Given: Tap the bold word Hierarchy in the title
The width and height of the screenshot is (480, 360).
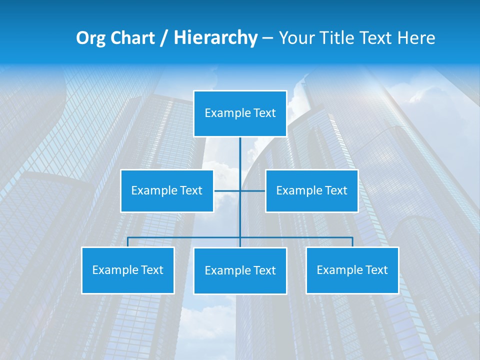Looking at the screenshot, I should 215,38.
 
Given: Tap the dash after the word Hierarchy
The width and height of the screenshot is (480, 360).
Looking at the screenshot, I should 267,38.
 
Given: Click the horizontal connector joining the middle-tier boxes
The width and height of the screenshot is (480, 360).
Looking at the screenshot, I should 227,191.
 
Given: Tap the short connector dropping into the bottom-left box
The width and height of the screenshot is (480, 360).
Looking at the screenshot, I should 127,242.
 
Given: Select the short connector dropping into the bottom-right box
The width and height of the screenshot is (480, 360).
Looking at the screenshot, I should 352,242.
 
